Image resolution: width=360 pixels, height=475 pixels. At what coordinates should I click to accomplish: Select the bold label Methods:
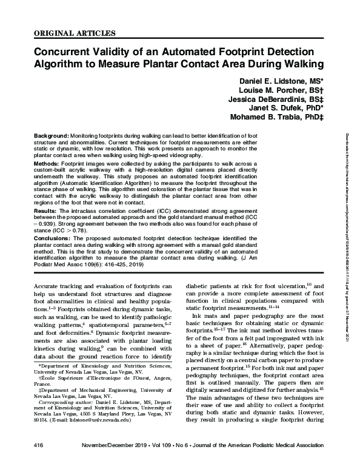(x=47, y=163)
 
